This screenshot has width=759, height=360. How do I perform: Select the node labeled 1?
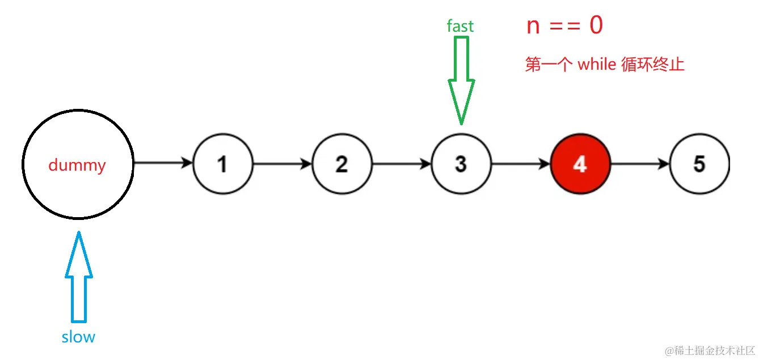[x=223, y=164]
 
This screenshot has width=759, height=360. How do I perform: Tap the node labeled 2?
[x=341, y=164]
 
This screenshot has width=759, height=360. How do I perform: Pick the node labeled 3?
[x=461, y=164]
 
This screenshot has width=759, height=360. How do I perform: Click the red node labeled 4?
[x=580, y=164]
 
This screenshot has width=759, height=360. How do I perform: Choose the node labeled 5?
[x=699, y=164]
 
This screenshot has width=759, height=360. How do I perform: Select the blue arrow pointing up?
[x=78, y=278]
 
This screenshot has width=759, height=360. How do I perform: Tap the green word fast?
[x=460, y=26]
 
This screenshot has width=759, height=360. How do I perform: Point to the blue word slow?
[x=78, y=337]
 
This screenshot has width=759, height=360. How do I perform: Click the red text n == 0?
[x=564, y=26]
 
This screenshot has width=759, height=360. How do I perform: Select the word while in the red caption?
[x=596, y=65]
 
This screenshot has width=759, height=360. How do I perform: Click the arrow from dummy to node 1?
[x=163, y=163]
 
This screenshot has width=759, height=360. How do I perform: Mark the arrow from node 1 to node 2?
[x=282, y=164]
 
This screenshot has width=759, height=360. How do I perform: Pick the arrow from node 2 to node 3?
[x=402, y=164]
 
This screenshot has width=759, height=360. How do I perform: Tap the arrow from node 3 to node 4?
[x=521, y=164]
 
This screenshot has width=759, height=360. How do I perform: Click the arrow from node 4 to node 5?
[x=640, y=164]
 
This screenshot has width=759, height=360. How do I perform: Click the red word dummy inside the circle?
[x=77, y=166]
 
